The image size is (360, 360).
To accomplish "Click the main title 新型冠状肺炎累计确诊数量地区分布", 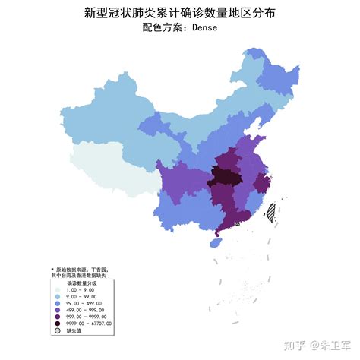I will click(x=180, y=13).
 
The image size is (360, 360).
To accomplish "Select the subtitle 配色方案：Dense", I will click(x=180, y=28).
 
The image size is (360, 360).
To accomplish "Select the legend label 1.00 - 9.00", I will click(x=81, y=290).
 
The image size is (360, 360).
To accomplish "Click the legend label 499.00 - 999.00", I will click(x=85, y=310).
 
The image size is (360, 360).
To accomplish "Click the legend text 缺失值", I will click(x=74, y=330).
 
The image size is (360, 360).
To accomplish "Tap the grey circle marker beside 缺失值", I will click(x=58, y=330).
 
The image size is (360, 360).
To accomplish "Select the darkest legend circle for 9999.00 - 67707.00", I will click(x=58, y=324).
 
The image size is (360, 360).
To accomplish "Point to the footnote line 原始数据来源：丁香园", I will click(x=81, y=269).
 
